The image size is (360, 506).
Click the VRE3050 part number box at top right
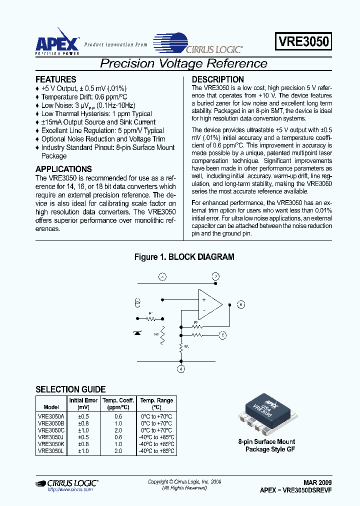coord(302,41)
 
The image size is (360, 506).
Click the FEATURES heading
coord(56,79)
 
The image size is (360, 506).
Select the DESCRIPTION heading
coord(218,79)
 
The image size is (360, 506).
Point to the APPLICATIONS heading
coord(63,169)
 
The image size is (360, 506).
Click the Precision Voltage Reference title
coord(183,63)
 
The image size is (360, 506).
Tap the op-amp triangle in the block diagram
coord(209,304)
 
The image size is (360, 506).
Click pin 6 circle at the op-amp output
coord(241,304)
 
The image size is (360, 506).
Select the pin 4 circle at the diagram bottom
coord(181,369)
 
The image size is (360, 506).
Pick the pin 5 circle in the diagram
coord(223,335)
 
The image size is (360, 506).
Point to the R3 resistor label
coord(186,346)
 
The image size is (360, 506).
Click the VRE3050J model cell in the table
coord(51,436)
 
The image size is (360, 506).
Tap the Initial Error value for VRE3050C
coord(83,429)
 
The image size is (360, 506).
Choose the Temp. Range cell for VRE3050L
coord(156,450)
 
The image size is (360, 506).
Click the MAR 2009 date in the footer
coord(317,482)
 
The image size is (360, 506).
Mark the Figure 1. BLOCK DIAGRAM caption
coord(184,257)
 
